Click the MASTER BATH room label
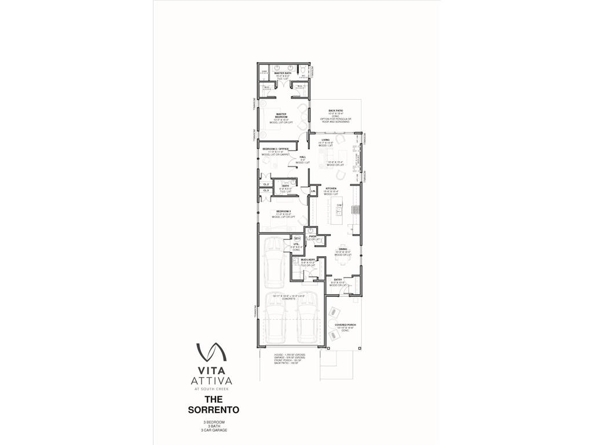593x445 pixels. click(283, 73)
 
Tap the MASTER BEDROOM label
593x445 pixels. click(281, 114)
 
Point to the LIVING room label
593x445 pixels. click(326, 140)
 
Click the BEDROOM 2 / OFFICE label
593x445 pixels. click(275, 149)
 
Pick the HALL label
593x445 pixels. click(302, 157)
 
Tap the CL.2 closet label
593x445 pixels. click(266, 184)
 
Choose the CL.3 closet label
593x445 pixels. click(266, 190)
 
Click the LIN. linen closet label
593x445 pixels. click(313, 191)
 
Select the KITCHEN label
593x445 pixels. click(331, 188)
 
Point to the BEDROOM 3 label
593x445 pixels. click(283, 211)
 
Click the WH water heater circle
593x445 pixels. click(297, 238)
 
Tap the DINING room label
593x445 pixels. click(343, 249)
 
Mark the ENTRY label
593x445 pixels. click(338, 279)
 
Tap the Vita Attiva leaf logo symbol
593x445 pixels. click(211, 352)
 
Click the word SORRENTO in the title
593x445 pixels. click(213, 409)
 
